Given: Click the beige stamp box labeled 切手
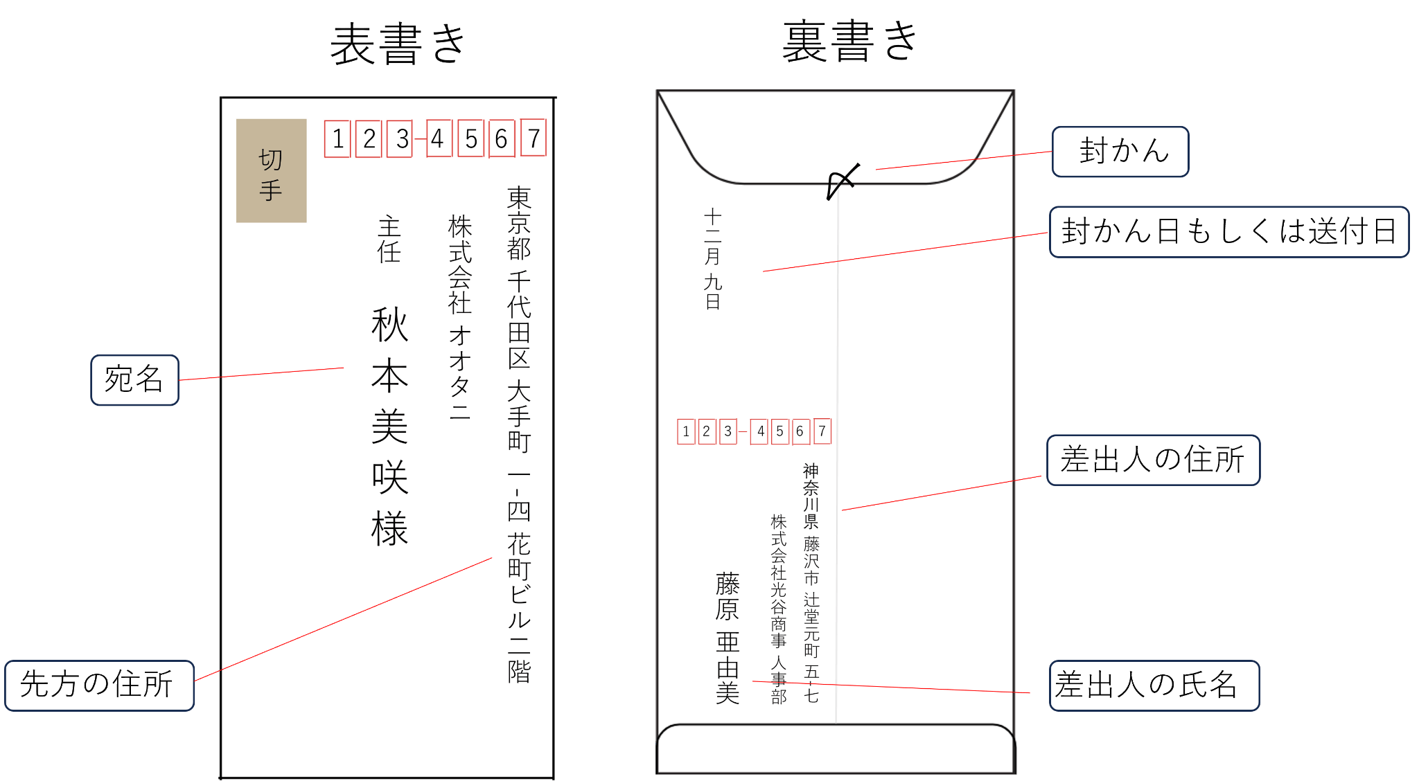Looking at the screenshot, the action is tap(271, 170).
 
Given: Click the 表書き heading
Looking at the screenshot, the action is tap(398, 44).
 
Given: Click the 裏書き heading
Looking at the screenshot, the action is tap(851, 41).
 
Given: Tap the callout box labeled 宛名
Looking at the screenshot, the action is tap(135, 380).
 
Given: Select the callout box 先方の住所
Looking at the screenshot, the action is tap(100, 685).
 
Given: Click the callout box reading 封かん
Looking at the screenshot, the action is tap(1120, 152).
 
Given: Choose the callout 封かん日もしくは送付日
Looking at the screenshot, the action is tap(1229, 232).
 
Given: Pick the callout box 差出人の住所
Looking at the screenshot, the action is tap(1154, 460).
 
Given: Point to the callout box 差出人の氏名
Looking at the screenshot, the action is tap(1154, 685).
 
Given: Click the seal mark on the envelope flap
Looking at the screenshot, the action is tap(843, 181).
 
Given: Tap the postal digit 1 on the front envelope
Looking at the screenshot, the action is tap(337, 139).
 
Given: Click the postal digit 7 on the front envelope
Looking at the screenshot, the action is tap(534, 138).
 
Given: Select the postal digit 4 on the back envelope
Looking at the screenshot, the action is tap(760, 431).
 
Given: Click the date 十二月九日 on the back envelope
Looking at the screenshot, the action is tap(713, 259).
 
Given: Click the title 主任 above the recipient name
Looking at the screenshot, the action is tap(389, 240).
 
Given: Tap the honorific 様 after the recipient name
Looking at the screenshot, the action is tap(389, 529).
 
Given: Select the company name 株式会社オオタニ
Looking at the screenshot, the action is tap(459, 317).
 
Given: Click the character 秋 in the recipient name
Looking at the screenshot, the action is tap(389, 325).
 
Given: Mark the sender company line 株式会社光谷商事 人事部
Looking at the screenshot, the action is tap(779, 609).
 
